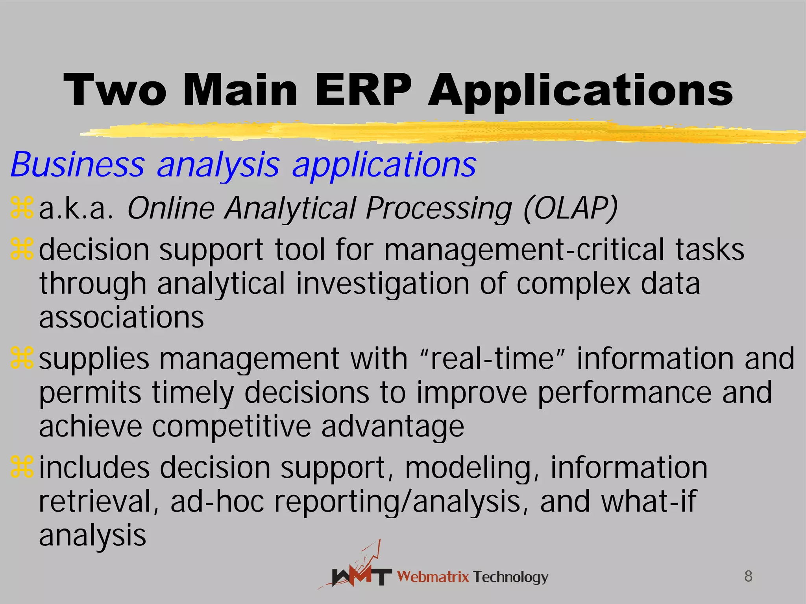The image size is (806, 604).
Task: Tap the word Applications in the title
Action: (x=580, y=92)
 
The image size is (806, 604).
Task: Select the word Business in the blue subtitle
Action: (x=78, y=164)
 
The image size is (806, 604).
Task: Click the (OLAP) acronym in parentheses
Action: (x=571, y=208)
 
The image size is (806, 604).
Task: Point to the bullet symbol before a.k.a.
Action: (x=22, y=208)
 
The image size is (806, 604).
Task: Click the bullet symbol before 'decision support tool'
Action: (x=22, y=250)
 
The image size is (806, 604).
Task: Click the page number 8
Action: (x=748, y=576)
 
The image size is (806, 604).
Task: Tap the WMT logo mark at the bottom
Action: (x=360, y=572)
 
